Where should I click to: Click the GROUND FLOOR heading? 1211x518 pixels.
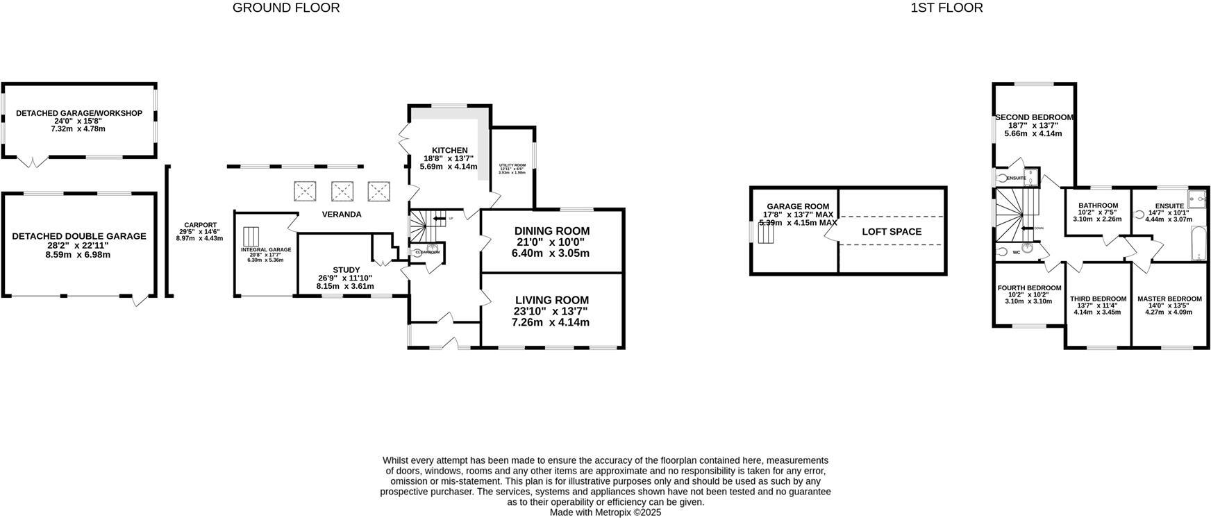[286, 8]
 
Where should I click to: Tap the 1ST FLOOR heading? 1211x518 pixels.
[946, 8]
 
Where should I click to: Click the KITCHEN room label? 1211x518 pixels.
[449, 151]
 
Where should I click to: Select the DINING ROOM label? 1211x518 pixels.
[551, 231]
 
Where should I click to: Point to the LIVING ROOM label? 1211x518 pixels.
[551, 301]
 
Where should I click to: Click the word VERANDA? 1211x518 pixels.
[342, 215]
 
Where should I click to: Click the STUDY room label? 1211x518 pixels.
[346, 270]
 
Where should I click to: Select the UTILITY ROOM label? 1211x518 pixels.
[512, 165]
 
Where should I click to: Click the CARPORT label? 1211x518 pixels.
[199, 225]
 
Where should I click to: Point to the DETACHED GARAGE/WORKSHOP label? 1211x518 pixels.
[79, 113]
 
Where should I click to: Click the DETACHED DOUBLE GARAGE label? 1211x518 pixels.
[79, 236]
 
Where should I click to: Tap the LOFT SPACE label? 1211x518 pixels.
[892, 232]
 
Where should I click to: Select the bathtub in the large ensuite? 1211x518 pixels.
[1199, 245]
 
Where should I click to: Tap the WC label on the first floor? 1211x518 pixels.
[1017, 252]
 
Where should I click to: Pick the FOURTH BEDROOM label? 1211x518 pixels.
[1029, 288]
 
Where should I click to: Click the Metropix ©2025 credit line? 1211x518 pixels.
[605, 512]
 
